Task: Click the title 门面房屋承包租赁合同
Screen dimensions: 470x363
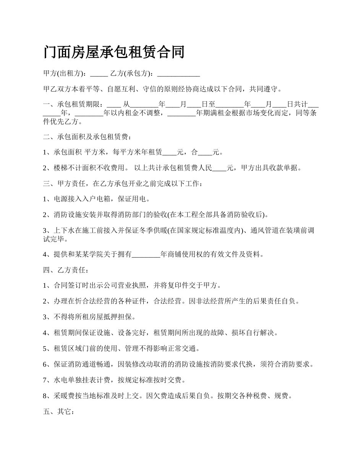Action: [x=114, y=52]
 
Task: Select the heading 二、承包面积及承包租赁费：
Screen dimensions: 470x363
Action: [x=89, y=136]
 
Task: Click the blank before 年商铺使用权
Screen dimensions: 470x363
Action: [x=146, y=254]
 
